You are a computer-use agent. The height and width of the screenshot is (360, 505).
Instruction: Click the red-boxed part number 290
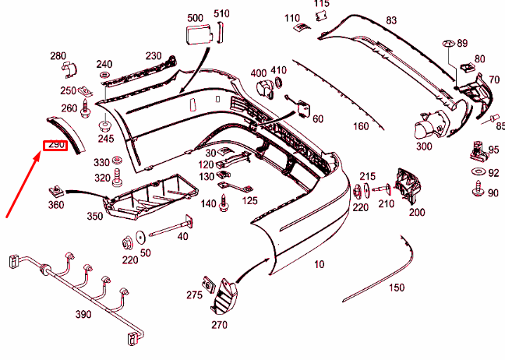tap(55, 145)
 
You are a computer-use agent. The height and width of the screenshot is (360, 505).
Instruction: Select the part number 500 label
tap(195, 16)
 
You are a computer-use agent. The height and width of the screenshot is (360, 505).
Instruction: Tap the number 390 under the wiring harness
tap(83, 314)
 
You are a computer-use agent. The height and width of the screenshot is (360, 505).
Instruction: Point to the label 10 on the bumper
tap(319, 264)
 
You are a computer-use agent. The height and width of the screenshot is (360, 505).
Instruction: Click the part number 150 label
tap(397, 288)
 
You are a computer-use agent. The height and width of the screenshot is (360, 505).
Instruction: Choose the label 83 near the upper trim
tap(391, 20)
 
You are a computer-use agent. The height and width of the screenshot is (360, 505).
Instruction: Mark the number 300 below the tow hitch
tap(424, 146)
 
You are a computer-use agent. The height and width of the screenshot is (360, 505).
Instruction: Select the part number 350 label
tap(94, 216)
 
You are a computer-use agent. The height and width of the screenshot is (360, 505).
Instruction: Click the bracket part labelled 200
tap(409, 187)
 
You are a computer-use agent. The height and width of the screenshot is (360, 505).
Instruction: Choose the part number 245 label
tap(106, 139)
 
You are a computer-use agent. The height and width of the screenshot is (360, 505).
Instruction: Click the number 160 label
tap(361, 126)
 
